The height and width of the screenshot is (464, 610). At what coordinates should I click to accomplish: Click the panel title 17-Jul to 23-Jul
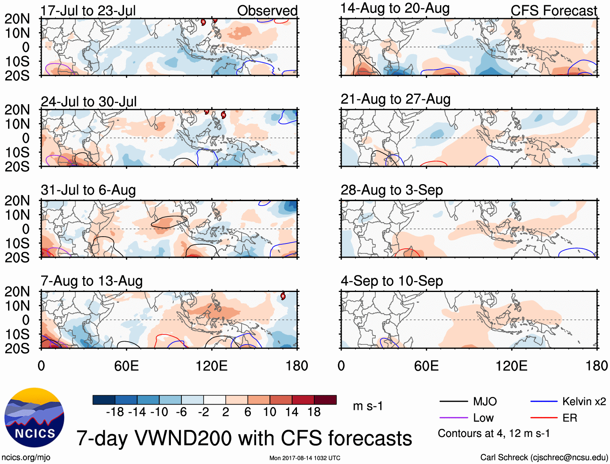pyautogui.click(x=88, y=10)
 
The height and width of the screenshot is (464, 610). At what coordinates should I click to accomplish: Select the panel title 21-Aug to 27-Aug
pyautogui.click(x=395, y=99)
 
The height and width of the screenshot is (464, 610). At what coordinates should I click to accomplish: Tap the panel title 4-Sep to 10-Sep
pyautogui.click(x=392, y=281)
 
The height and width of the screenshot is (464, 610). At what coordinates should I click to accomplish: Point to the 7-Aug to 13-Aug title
pyautogui.click(x=92, y=281)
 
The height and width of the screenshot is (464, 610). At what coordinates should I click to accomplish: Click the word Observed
pyautogui.click(x=267, y=10)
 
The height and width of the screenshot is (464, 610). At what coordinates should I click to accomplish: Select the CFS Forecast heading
pyautogui.click(x=553, y=10)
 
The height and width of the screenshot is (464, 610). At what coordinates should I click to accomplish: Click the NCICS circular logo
pyautogui.click(x=34, y=418)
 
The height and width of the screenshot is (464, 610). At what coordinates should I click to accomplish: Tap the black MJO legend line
pyautogui.click(x=453, y=401)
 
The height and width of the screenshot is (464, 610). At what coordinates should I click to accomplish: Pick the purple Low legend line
pyautogui.click(x=453, y=418)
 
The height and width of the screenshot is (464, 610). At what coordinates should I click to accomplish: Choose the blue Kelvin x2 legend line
pyautogui.click(x=544, y=401)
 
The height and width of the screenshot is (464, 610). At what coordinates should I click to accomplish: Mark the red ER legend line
pyautogui.click(x=544, y=418)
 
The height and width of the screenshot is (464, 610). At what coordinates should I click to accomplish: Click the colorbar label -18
pyautogui.click(x=115, y=412)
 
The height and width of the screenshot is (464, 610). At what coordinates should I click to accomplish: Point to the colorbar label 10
pyautogui.click(x=269, y=412)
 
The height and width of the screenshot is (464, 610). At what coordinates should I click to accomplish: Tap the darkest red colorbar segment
pyautogui.click(x=325, y=400)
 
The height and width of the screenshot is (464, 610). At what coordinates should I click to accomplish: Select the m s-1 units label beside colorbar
pyautogui.click(x=368, y=406)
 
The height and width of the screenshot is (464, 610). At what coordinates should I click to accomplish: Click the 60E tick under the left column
pyautogui.click(x=126, y=366)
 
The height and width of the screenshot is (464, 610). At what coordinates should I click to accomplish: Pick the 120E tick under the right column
pyautogui.click(x=511, y=366)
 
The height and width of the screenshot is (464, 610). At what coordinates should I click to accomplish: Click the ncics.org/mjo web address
pyautogui.click(x=26, y=457)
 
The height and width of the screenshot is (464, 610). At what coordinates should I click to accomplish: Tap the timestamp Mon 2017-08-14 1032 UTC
pyautogui.click(x=305, y=458)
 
